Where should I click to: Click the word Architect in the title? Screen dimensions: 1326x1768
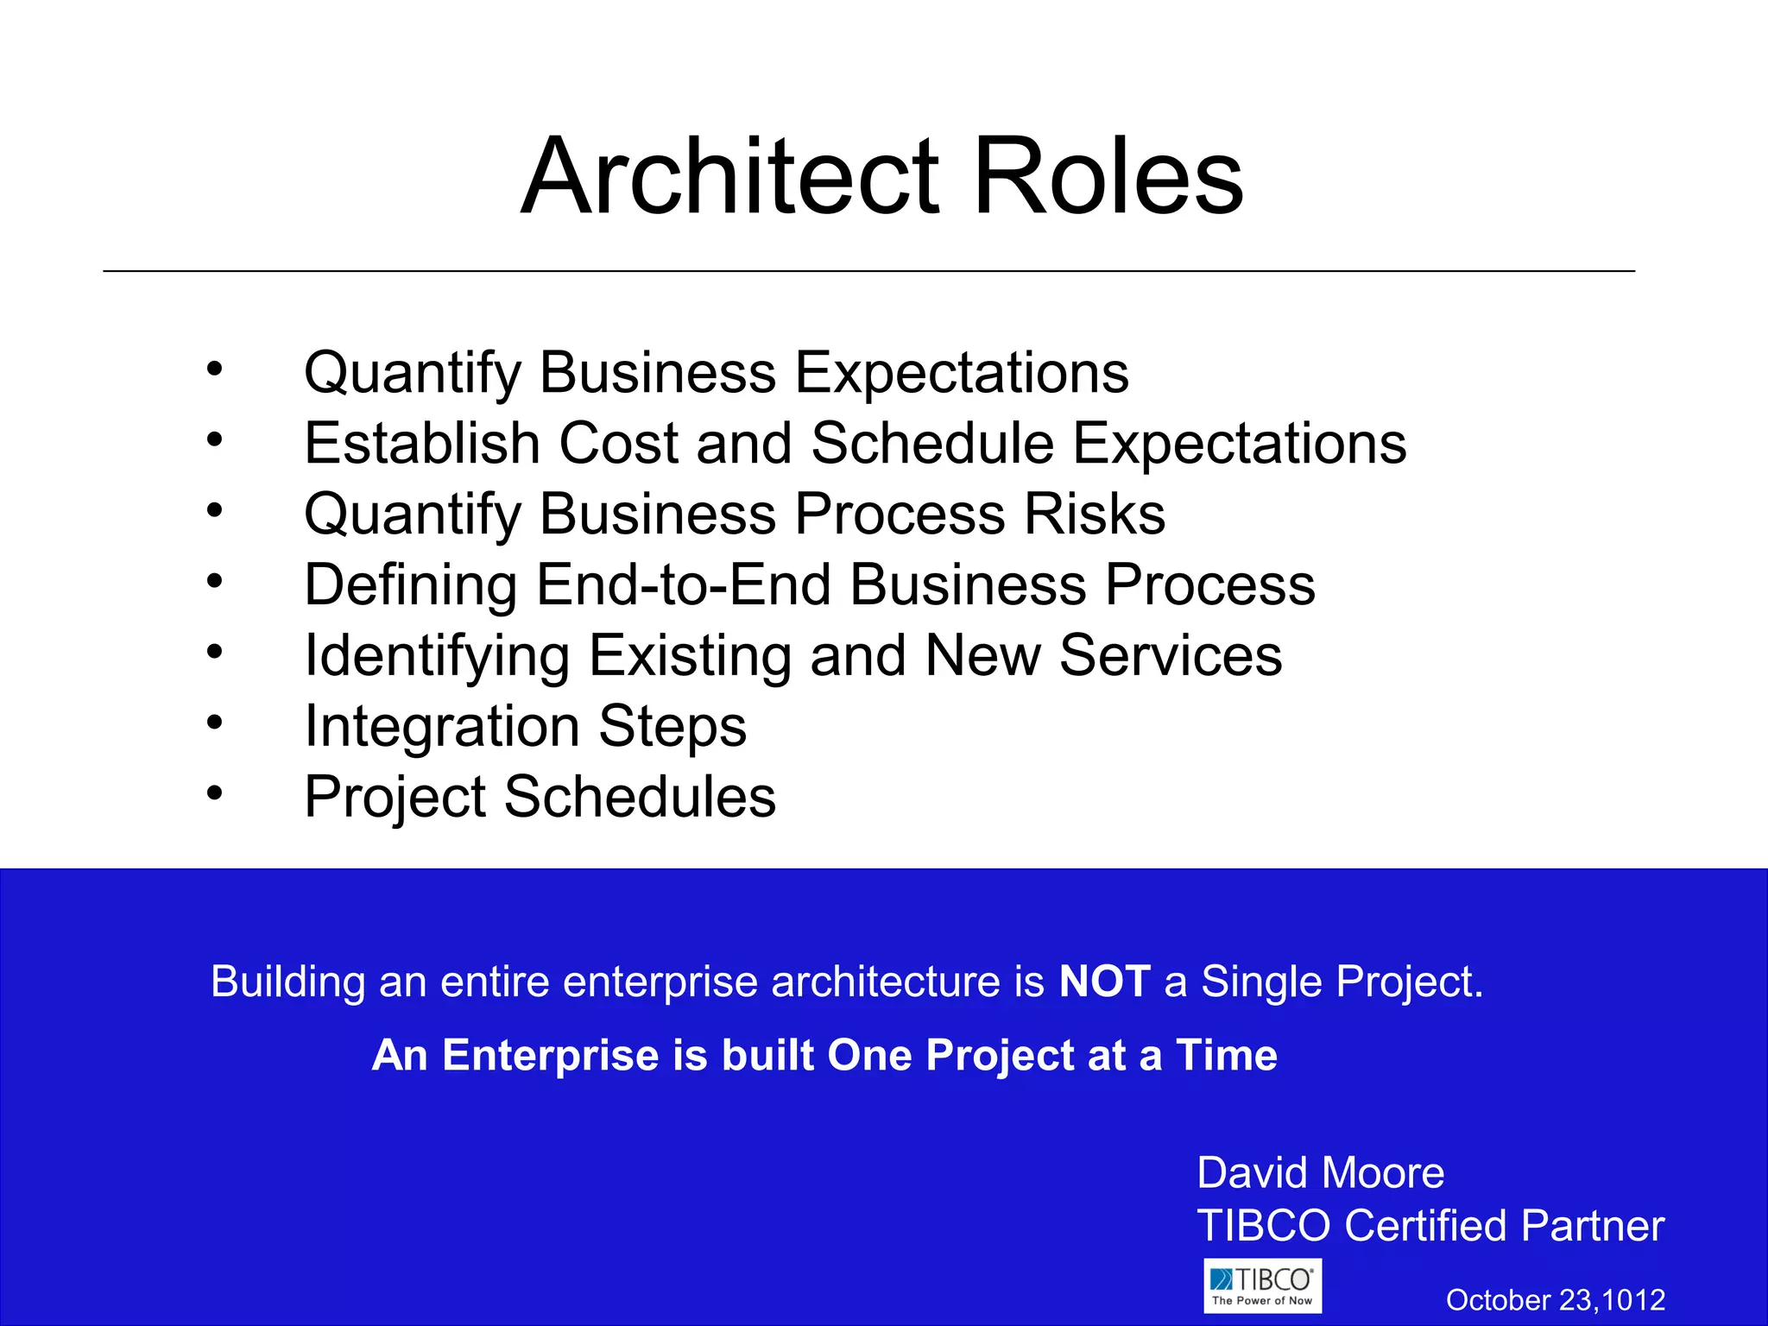pyautogui.click(x=729, y=177)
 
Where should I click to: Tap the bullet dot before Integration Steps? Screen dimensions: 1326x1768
pyautogui.click(x=215, y=721)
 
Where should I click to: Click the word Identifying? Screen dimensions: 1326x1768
pyautogui.click(x=437, y=656)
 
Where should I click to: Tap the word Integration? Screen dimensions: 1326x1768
pyautogui.click(x=441, y=727)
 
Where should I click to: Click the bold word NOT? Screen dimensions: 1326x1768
pyautogui.click(x=1104, y=982)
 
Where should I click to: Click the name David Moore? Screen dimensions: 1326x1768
pyautogui.click(x=1320, y=1173)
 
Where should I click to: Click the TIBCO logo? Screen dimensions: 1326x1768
pyautogui.click(x=1262, y=1286)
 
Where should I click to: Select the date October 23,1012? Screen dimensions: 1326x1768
pyautogui.click(x=1555, y=1300)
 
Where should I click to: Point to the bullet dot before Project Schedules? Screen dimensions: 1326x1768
pyautogui.click(x=215, y=792)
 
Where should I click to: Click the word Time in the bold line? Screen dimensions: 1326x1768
pyautogui.click(x=1226, y=1055)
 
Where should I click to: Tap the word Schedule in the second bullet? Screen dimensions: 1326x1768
pyautogui.click(x=932, y=444)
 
